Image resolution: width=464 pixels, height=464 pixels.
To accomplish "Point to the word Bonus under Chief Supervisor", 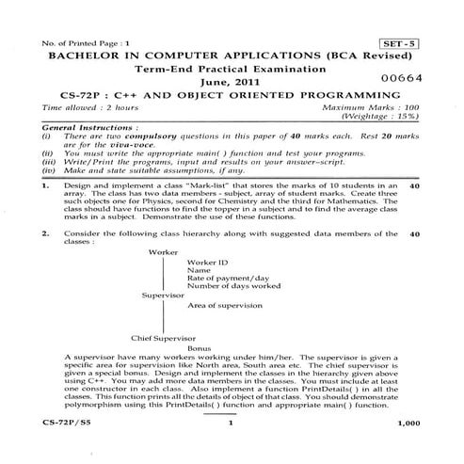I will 199,348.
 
